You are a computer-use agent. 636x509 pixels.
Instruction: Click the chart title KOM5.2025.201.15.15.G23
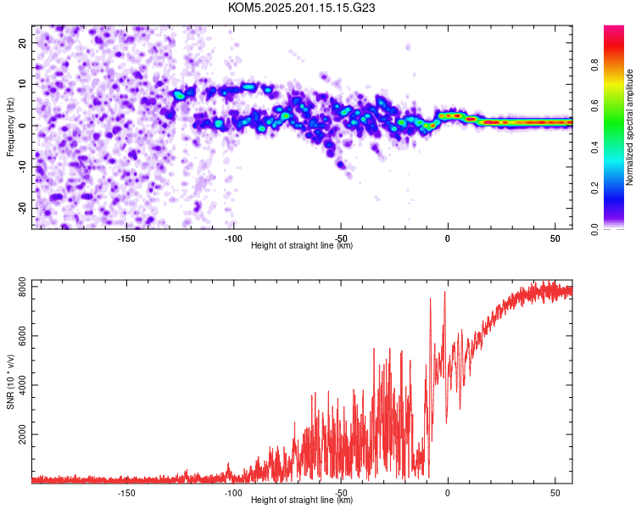coord(301,8)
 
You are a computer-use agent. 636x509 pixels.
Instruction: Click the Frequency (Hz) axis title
coord(10,127)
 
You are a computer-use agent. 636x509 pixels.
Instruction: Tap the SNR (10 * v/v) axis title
coord(10,382)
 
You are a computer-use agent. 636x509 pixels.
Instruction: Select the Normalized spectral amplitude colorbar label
coord(629,127)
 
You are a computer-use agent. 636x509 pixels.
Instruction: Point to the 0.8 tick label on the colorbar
coord(594,65)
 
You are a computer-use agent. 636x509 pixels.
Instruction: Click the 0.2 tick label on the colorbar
coord(594,188)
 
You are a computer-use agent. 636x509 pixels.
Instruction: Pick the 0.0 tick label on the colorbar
coord(594,229)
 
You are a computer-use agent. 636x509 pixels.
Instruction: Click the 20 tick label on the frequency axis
coord(22,42)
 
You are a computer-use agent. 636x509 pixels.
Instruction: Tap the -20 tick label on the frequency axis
coord(22,208)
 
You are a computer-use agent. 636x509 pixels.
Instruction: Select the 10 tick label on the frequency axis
coord(22,84)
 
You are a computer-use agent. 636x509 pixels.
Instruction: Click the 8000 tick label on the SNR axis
coord(22,287)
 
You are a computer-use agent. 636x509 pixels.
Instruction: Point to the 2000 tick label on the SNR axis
coord(22,434)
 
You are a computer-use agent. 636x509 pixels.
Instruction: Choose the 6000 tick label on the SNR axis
coord(22,336)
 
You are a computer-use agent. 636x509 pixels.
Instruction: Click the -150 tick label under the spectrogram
coord(126,238)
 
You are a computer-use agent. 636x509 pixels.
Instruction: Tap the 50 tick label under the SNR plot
coord(555,493)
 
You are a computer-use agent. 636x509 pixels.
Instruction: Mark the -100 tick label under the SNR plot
coord(233,493)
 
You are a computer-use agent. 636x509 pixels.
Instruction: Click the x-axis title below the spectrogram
coord(302,245)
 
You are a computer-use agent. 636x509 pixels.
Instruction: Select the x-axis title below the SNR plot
coord(302,500)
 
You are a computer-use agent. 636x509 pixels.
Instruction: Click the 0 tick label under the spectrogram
coord(448,238)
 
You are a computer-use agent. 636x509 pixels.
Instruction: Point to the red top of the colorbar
coord(614,28)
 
